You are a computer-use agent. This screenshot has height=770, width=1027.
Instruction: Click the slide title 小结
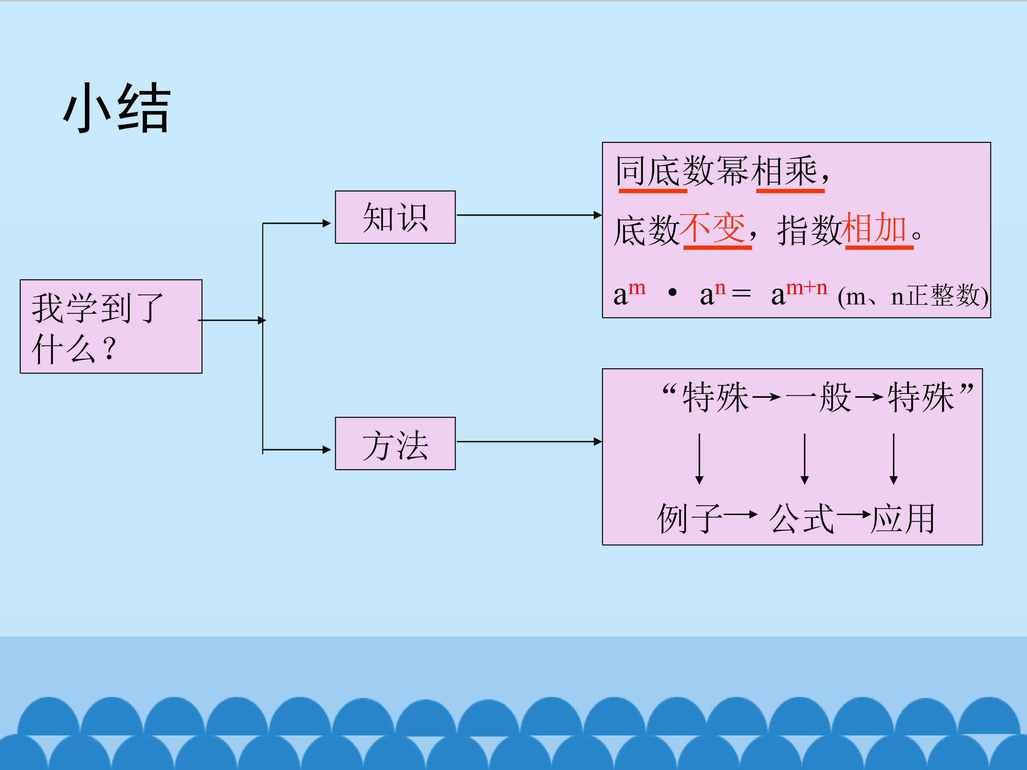click(x=117, y=108)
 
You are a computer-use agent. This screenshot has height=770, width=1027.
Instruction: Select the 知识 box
click(x=395, y=217)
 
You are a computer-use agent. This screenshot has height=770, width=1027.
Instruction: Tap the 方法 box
click(x=395, y=444)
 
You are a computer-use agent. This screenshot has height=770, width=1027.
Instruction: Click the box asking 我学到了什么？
click(x=111, y=326)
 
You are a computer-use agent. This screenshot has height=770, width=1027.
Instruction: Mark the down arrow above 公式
click(x=804, y=458)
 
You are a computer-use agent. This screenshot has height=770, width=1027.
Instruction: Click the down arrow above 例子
click(x=699, y=458)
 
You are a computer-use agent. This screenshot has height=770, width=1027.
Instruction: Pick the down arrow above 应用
click(x=893, y=458)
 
